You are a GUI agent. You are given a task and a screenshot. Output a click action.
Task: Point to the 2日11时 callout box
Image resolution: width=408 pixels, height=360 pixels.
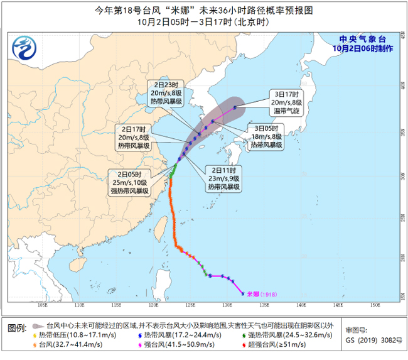pos(223,178)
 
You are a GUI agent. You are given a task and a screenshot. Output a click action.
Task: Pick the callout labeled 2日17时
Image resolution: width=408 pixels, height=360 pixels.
pos(134,136)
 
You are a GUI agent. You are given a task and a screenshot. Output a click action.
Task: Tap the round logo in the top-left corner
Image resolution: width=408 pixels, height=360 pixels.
pos(26,45)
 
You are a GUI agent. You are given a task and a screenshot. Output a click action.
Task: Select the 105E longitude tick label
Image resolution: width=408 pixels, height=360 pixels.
pos(43,306)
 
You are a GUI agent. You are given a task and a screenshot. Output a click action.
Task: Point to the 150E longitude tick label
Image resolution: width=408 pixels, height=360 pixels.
pos(375,306)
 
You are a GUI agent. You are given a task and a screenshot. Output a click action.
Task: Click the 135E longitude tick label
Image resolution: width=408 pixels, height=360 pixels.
pos(265,306)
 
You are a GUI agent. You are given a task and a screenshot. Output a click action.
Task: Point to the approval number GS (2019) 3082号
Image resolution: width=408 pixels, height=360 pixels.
pos(370,339)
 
